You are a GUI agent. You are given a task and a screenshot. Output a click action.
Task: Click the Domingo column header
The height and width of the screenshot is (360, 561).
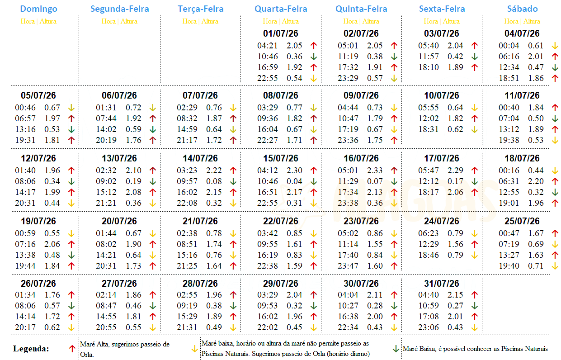pos(39,9)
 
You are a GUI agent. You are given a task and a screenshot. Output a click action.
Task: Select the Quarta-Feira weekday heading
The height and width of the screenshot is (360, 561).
pos(281,9)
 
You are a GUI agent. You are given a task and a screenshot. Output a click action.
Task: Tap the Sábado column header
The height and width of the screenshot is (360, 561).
pos(522,9)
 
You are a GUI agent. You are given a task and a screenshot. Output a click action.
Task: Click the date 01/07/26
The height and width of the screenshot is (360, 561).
pos(280,33)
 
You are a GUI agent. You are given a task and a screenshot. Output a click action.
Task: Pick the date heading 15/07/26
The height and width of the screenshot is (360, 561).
pos(280,159)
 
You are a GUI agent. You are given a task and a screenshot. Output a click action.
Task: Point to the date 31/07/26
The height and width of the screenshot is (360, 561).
pos(441,284)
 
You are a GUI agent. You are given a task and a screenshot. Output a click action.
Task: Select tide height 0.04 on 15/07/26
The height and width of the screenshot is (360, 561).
pos(294,181)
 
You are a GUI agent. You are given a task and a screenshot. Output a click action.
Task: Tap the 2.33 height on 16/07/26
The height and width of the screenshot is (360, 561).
pos(375,171)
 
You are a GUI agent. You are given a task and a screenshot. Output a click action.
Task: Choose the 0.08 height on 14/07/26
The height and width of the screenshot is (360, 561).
pos(214,181)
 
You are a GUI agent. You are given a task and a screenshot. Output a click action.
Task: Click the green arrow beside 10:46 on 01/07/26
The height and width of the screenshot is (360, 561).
pos(313,57)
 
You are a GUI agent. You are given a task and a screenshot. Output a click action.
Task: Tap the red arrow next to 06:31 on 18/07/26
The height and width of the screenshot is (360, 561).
pos(555,181)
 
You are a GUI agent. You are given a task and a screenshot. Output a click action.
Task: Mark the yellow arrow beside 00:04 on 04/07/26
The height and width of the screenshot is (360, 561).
pos(555,46)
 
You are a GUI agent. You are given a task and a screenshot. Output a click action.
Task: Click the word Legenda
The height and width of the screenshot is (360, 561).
pos(31,349)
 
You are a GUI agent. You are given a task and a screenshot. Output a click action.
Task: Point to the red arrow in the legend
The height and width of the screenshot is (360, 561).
pos(71,349)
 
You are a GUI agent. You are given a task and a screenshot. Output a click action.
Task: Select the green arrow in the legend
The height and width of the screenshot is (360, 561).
pos(396,349)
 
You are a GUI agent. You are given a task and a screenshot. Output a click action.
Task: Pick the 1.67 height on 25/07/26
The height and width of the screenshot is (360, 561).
pos(536,233)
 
